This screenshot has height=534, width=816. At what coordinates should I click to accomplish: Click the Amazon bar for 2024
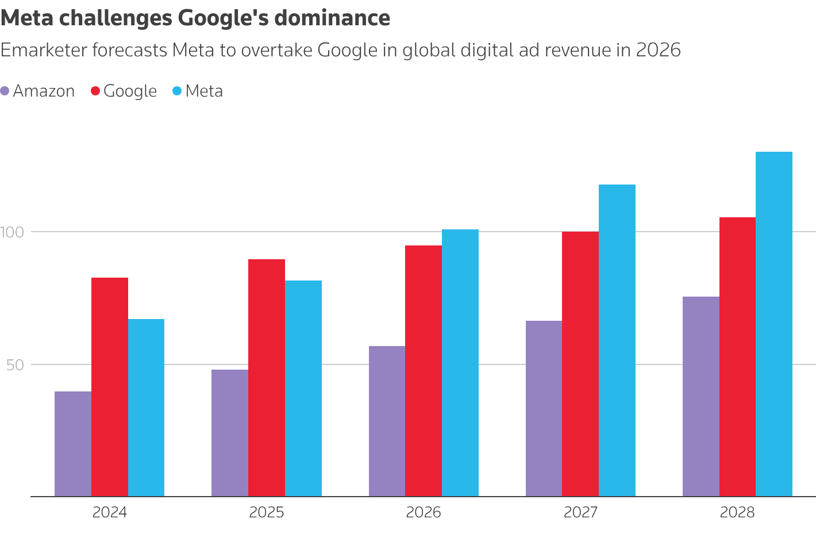pyautogui.click(x=73, y=444)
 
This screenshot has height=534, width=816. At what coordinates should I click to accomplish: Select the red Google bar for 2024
pyautogui.click(x=110, y=387)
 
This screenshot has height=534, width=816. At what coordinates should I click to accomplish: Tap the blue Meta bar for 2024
pyautogui.click(x=146, y=408)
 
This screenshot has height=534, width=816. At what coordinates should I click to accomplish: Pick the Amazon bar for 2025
pyautogui.click(x=230, y=433)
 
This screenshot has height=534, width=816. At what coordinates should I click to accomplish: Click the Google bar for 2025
pyautogui.click(x=267, y=378)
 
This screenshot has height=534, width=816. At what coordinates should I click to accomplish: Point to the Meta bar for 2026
pyautogui.click(x=460, y=363)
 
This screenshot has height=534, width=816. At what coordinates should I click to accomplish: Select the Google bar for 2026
pyautogui.click(x=424, y=371)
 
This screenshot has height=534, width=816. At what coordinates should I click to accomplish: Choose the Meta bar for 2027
pyautogui.click(x=617, y=340)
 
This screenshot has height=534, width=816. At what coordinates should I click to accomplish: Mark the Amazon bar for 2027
pyautogui.click(x=544, y=409)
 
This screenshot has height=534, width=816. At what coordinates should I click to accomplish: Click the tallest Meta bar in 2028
pyautogui.click(x=774, y=324)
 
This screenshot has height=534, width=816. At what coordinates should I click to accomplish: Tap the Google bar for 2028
pyautogui.click(x=737, y=357)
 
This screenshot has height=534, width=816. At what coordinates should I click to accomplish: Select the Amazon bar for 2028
pyautogui.click(x=700, y=397)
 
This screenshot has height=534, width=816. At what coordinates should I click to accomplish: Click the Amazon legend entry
pyautogui.click(x=38, y=91)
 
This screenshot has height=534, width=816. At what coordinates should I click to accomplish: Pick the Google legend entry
pyautogui.click(x=124, y=91)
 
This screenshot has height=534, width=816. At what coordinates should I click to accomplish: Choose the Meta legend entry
pyautogui.click(x=198, y=91)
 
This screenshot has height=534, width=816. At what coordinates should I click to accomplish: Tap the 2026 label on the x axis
pyautogui.click(x=424, y=512)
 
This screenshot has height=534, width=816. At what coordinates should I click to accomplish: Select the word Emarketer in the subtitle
pyautogui.click(x=43, y=51)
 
